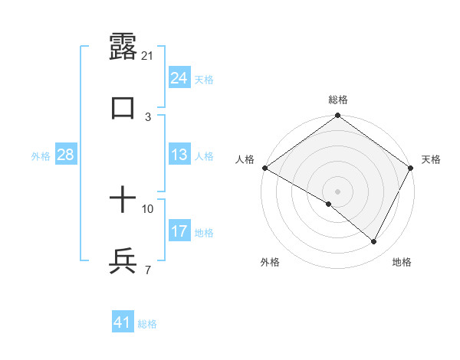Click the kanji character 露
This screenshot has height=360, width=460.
tap(123, 47)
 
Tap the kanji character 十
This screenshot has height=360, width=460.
tap(123, 201)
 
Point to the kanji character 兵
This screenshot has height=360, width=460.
tap(123, 261)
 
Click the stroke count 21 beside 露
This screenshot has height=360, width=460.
tap(148, 56)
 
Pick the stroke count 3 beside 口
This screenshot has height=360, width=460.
tap(148, 116)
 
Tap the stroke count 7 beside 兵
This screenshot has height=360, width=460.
tap(148, 269)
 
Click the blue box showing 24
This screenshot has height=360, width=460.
tap(179, 78)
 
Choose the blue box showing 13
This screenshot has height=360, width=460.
tap(179, 155)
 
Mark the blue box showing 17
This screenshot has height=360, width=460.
tap(179, 231)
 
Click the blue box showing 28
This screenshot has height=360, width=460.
tap(66, 155)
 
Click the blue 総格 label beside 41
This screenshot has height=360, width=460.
tap(147, 324)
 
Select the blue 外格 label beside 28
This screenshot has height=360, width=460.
tap(41, 156)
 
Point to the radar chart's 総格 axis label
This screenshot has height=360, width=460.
tap(338, 100)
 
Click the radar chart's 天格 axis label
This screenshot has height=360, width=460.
tap(431, 159)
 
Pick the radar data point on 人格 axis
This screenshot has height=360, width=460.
tap(264, 168)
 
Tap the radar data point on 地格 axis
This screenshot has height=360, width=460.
tap(374, 242)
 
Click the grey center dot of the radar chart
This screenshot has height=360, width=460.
tap(338, 191)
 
